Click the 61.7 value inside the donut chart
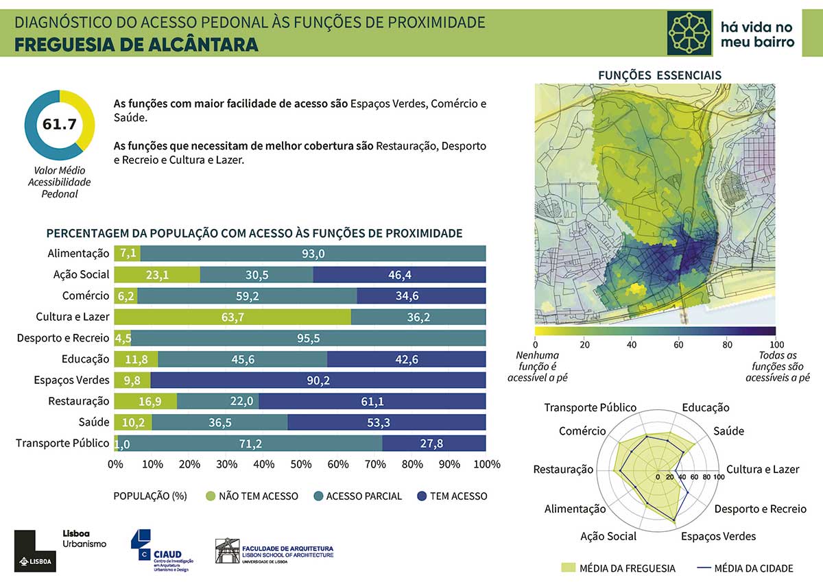click(x=58, y=125)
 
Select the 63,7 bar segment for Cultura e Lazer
click(x=232, y=317)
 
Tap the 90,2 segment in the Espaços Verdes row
click(x=318, y=380)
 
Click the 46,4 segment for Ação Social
click(x=399, y=274)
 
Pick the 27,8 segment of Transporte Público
click(x=433, y=444)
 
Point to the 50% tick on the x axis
click(x=300, y=464)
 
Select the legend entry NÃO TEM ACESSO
click(x=258, y=496)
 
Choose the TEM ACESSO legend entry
click(x=458, y=496)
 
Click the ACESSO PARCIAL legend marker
click(x=318, y=496)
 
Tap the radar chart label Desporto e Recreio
click(x=760, y=509)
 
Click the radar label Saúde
click(x=728, y=431)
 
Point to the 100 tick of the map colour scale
click(x=776, y=344)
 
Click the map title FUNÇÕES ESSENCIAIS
click(x=660, y=75)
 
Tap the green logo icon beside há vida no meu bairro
click(x=690, y=33)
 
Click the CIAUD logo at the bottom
click(x=162, y=550)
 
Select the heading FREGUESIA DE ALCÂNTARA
click(x=136, y=45)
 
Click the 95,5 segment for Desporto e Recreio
click(x=308, y=338)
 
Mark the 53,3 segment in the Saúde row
click(x=387, y=422)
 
